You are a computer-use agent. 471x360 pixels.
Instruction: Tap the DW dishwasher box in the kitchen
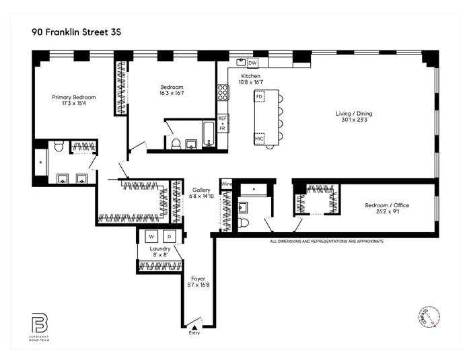(252, 63)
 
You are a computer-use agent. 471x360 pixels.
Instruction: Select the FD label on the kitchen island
(259, 97)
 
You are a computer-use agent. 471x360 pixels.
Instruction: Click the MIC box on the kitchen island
(259, 139)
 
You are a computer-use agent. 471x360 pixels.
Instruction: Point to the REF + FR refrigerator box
(222, 123)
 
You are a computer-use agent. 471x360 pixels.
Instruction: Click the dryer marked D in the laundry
(170, 236)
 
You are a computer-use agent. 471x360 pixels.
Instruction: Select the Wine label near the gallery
(227, 183)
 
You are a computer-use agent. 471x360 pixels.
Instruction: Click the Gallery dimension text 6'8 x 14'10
(203, 196)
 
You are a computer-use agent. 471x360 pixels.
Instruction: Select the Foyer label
(198, 278)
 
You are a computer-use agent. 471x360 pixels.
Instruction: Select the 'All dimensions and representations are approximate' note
(326, 240)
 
